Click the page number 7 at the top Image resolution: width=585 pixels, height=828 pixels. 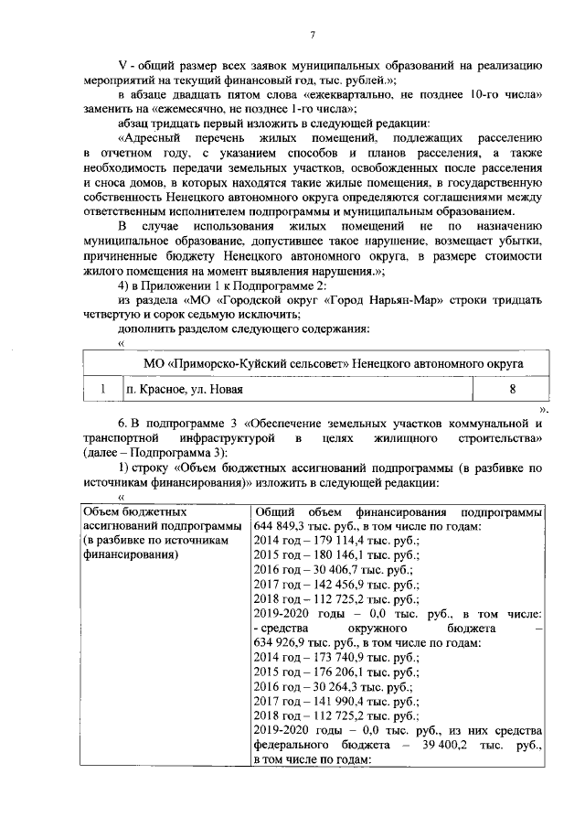tap(312, 35)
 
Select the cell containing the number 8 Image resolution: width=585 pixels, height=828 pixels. tap(512, 389)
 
